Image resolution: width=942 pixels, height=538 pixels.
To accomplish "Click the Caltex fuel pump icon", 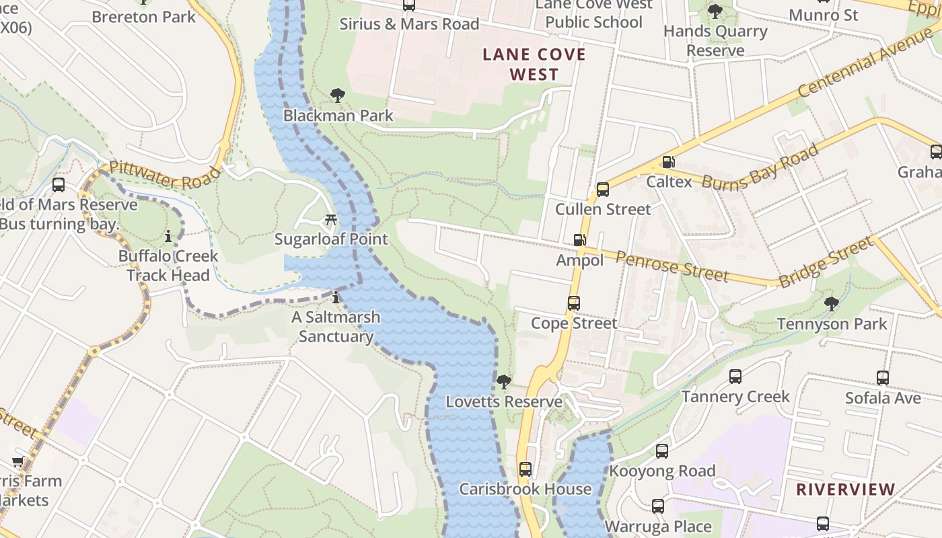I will point(668,162).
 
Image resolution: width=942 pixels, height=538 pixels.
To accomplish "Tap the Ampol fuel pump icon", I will point(579,240).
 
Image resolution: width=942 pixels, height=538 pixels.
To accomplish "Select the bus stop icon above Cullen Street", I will point(603,190).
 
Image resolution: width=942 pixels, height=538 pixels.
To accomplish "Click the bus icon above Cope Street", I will point(573,303).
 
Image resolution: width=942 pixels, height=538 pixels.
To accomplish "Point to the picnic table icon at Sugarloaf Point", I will point(330,219).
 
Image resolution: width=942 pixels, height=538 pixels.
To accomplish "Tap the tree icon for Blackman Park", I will point(338,95).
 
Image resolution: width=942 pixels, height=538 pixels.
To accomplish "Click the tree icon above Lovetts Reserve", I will point(503,382).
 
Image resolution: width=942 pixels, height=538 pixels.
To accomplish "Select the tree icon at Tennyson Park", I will point(832,304).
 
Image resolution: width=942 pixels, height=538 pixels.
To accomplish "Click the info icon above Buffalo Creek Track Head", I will point(168,237).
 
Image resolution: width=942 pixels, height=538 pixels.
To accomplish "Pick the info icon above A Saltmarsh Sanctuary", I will point(336,297).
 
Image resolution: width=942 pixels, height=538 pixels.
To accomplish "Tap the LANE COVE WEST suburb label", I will point(534,65).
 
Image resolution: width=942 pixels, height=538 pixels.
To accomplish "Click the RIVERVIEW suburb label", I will point(846,490).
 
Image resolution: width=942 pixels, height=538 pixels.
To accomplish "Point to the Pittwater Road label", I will point(165,176).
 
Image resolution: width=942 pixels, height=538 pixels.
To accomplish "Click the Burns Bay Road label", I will point(760,167).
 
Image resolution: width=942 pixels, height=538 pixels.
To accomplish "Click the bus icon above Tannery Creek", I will point(735,377).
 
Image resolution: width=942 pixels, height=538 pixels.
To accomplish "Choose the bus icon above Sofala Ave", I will point(883,378).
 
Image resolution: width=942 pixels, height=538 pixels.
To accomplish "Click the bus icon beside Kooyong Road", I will point(662,451).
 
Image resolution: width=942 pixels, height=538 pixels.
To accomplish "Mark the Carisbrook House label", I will point(526,489).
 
